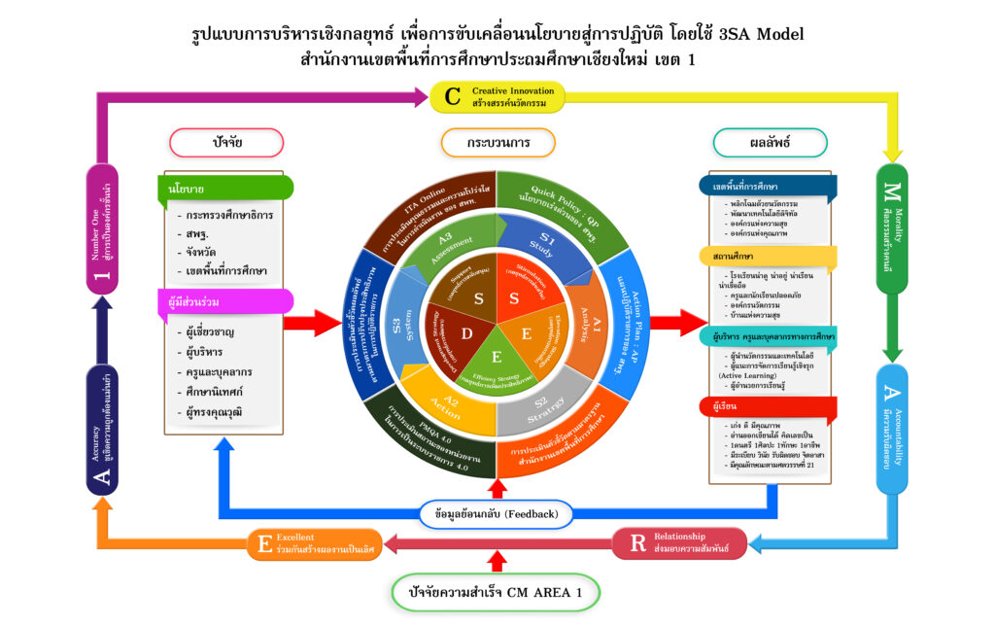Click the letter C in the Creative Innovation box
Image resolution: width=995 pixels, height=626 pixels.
[453, 96]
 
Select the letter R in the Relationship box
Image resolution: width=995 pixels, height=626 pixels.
[637, 543]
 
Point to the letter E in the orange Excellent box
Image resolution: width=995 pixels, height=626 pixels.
[264, 543]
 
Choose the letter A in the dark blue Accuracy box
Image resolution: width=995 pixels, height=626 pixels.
[103, 476]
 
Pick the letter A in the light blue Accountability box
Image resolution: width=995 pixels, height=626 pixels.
[892, 394]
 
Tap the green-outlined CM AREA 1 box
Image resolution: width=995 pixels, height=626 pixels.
[497, 591]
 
